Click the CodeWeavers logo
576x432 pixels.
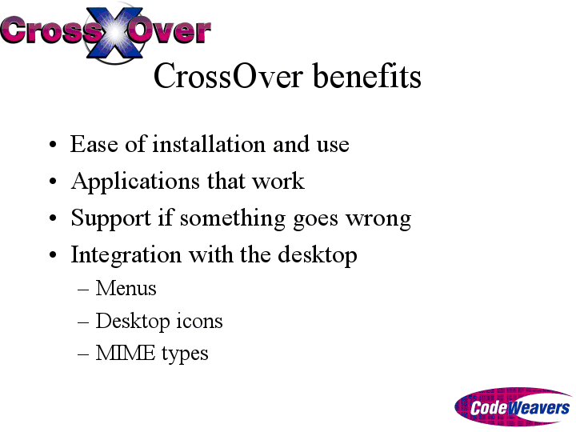513,406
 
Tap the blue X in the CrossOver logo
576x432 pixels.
114,33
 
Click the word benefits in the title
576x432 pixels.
367,76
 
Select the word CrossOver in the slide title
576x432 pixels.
228,76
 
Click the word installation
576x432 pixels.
209,144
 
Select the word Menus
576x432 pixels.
126,288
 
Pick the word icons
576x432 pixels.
199,321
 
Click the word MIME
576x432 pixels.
126,353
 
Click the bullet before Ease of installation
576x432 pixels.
53,144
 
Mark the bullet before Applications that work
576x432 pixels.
53,181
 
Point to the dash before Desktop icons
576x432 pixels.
83,322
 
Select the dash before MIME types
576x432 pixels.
83,354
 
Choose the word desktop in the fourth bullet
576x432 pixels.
318,255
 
